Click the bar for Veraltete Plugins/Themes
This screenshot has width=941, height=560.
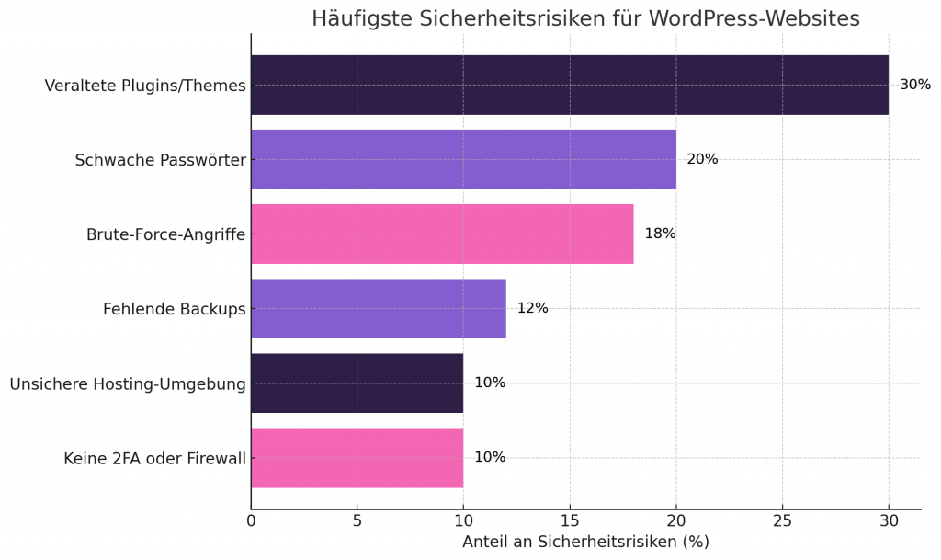570,85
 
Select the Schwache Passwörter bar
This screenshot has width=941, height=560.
463,159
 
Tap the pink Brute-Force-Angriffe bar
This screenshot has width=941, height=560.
442,234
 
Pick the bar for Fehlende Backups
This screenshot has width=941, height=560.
378,308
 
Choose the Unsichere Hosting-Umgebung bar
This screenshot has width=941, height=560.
357,383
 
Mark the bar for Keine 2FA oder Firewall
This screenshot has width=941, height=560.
357,457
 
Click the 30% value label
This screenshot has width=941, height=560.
914,85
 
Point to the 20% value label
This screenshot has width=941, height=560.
702,159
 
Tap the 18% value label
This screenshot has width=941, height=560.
660,234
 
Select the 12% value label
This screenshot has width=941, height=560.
532,308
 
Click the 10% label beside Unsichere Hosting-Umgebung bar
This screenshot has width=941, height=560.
490,383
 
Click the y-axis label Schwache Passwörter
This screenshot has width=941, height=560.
160,160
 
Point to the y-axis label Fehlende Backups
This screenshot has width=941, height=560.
174,309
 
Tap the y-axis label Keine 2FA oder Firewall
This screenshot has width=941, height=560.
154,458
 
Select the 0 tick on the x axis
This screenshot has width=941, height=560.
251,520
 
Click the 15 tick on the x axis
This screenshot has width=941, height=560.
570,520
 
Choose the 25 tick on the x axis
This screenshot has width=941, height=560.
782,520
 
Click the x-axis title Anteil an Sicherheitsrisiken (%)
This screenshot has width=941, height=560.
585,542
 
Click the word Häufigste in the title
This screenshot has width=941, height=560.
360,18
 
